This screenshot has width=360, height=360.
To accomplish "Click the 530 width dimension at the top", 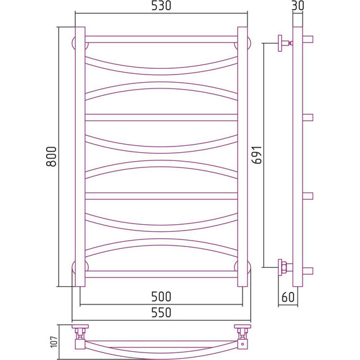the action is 161,6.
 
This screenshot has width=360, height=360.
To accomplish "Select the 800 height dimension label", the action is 51,157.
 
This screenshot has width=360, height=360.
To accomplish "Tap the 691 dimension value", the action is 256,155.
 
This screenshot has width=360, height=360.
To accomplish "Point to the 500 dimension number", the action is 161,297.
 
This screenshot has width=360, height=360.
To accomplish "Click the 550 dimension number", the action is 161,313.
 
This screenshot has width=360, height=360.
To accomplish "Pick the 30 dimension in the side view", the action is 297,6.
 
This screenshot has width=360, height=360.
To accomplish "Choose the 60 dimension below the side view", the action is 287,297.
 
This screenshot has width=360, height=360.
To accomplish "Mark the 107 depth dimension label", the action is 54,342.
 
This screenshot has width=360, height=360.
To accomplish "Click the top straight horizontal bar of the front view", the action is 161,39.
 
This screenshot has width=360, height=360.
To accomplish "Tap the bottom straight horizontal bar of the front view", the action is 161,274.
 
